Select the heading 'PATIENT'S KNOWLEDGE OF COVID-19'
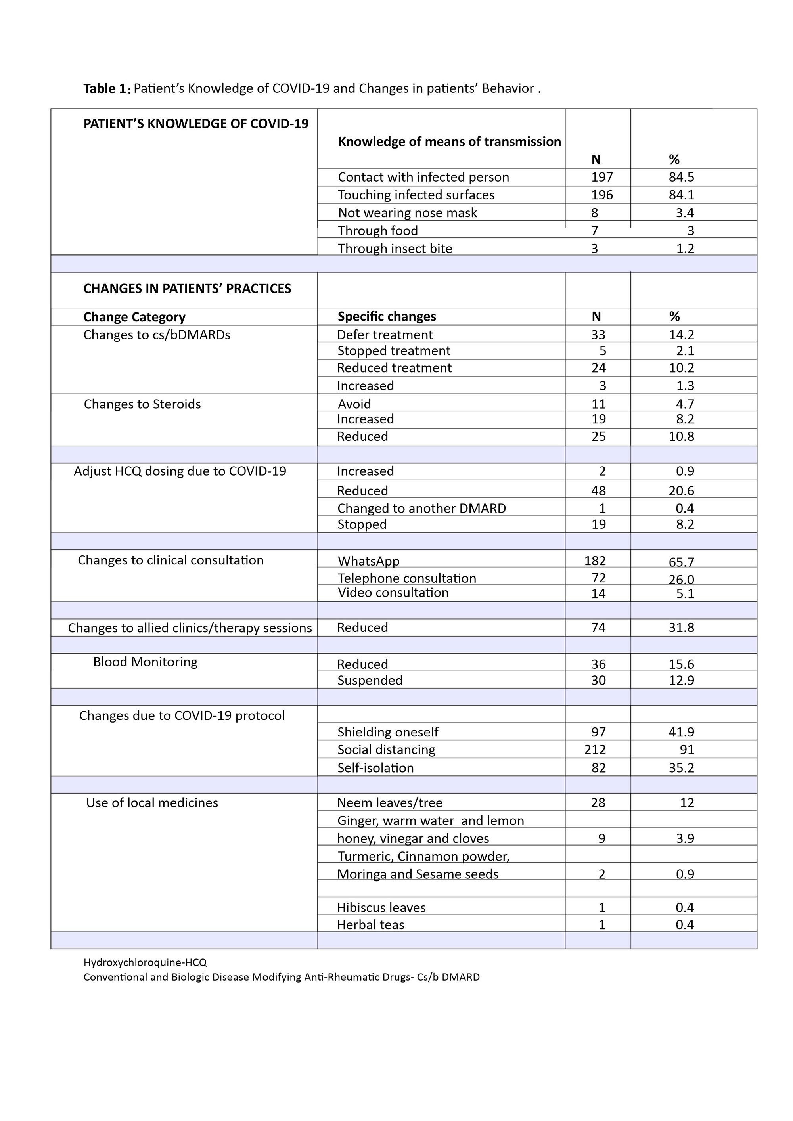pos(196,124)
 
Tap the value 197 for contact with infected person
pos(601,177)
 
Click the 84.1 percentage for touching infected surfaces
pos(681,195)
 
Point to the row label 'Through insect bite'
pos(395,249)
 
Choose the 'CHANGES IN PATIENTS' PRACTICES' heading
pos(187,289)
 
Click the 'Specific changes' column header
pos(387,316)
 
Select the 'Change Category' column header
pos(134,318)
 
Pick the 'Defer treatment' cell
pos(385,335)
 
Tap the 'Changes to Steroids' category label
pos(142,404)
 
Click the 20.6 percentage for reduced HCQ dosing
pos(681,491)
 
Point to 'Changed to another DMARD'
pos(421,508)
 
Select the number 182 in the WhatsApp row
pos(595,561)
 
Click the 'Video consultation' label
pos(393,593)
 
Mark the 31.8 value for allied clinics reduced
pos(681,627)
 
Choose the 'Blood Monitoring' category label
pos(146,662)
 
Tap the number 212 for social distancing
pos(595,750)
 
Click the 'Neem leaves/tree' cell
pos(390,803)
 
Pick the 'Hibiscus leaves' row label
pos(381,907)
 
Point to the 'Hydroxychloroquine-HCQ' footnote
pos(145,962)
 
